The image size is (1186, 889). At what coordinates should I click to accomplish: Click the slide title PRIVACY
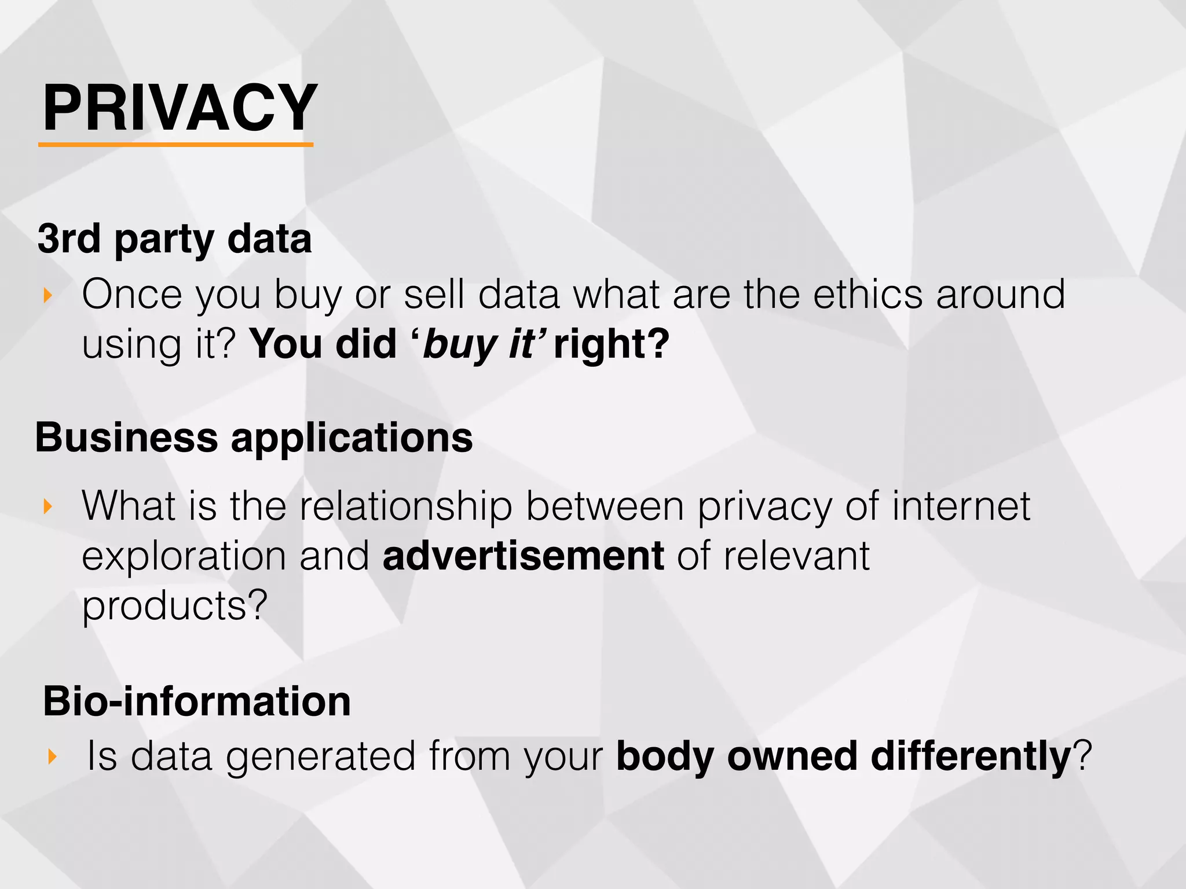pyautogui.click(x=180, y=108)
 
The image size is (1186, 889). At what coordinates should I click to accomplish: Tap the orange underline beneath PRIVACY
pyautogui.click(x=175, y=144)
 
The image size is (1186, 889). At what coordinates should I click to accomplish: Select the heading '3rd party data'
pyautogui.click(x=174, y=239)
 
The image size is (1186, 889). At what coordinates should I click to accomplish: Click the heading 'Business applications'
pyautogui.click(x=254, y=438)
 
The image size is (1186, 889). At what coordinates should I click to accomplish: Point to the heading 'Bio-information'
pyautogui.click(x=197, y=701)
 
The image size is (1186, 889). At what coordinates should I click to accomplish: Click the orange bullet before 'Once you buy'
pyautogui.click(x=48, y=296)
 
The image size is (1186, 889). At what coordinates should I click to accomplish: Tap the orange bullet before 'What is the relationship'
pyautogui.click(x=48, y=507)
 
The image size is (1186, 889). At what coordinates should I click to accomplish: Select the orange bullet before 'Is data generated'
pyautogui.click(x=52, y=756)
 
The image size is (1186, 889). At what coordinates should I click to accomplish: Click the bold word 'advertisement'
pyautogui.click(x=523, y=556)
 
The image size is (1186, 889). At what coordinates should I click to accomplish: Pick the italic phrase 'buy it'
pyautogui.click(x=478, y=344)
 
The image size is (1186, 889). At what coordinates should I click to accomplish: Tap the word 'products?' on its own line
pyautogui.click(x=174, y=606)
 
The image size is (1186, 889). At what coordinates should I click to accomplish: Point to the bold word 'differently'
pyautogui.click(x=971, y=756)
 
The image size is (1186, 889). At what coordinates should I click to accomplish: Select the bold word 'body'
pyautogui.click(x=664, y=756)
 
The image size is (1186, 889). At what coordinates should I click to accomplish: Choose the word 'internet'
pyautogui.click(x=961, y=506)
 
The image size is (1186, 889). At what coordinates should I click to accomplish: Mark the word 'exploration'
pyautogui.click(x=184, y=556)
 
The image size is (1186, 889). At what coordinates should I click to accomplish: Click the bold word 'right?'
pyautogui.click(x=612, y=344)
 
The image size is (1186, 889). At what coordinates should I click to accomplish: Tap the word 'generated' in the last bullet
pyautogui.click(x=320, y=756)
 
